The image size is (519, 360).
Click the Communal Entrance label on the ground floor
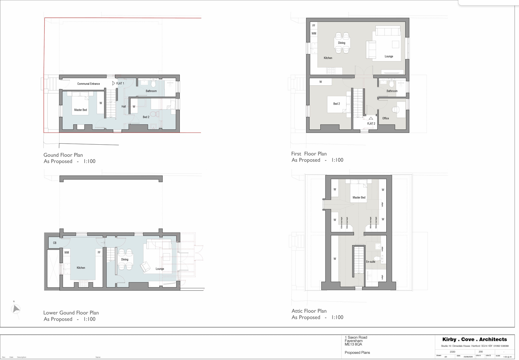click(88, 84)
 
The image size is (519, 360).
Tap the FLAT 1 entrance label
click(120, 83)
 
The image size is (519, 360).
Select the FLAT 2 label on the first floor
click(371, 124)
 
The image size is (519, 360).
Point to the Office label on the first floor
click(386, 118)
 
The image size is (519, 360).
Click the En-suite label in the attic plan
click(371, 262)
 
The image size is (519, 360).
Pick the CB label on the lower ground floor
click(55, 243)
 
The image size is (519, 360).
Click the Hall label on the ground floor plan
click(123, 107)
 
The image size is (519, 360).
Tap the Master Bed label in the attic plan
click(359, 198)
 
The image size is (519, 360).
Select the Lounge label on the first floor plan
click(389, 56)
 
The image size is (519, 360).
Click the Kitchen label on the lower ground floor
click(81, 268)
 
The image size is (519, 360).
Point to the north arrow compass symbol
click(16, 309)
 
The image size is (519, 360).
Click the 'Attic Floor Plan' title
click(309, 311)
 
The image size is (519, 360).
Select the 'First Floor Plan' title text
click(309, 154)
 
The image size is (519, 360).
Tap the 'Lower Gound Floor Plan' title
click(71, 313)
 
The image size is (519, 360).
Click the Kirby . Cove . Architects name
click(474, 339)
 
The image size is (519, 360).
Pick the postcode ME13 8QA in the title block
click(353, 344)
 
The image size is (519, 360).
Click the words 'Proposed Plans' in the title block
click(357, 353)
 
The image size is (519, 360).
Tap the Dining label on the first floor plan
click(341, 43)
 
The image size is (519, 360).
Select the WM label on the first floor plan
click(314, 34)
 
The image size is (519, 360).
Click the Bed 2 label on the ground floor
click(146, 117)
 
